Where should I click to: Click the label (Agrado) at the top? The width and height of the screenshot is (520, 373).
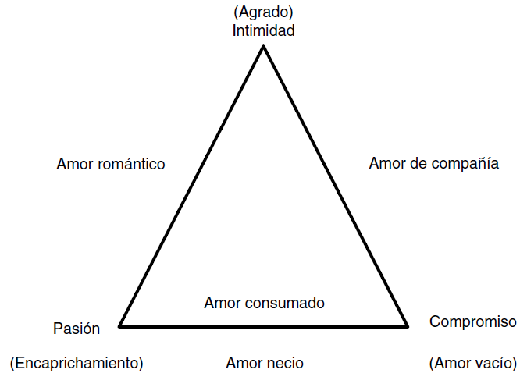pos(263,13)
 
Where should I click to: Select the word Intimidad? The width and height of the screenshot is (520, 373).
pos(263,31)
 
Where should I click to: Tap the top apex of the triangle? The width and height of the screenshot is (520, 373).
pos(263,46)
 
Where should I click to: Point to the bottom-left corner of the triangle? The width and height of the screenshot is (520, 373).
pos(119,325)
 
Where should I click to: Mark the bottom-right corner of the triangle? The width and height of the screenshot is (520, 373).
pos(408,325)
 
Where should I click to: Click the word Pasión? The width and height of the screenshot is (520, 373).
pos(77,329)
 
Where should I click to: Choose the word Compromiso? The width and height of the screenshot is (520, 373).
pos(472,321)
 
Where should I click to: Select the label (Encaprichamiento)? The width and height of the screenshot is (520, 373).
pos(77,363)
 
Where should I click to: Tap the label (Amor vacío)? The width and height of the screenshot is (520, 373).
pos(472,363)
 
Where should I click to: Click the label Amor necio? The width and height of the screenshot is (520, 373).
pos(265,363)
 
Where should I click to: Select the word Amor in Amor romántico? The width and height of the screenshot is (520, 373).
pos(74,165)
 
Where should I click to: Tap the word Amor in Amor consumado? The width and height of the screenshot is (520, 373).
pos(222,302)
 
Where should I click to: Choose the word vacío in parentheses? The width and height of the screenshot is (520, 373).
pos(493,363)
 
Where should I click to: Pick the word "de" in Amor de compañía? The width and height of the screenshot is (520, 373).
pos(418,164)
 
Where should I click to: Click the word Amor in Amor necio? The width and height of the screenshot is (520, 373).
pos(243,363)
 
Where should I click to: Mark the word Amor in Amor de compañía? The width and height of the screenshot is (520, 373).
pos(386,164)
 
